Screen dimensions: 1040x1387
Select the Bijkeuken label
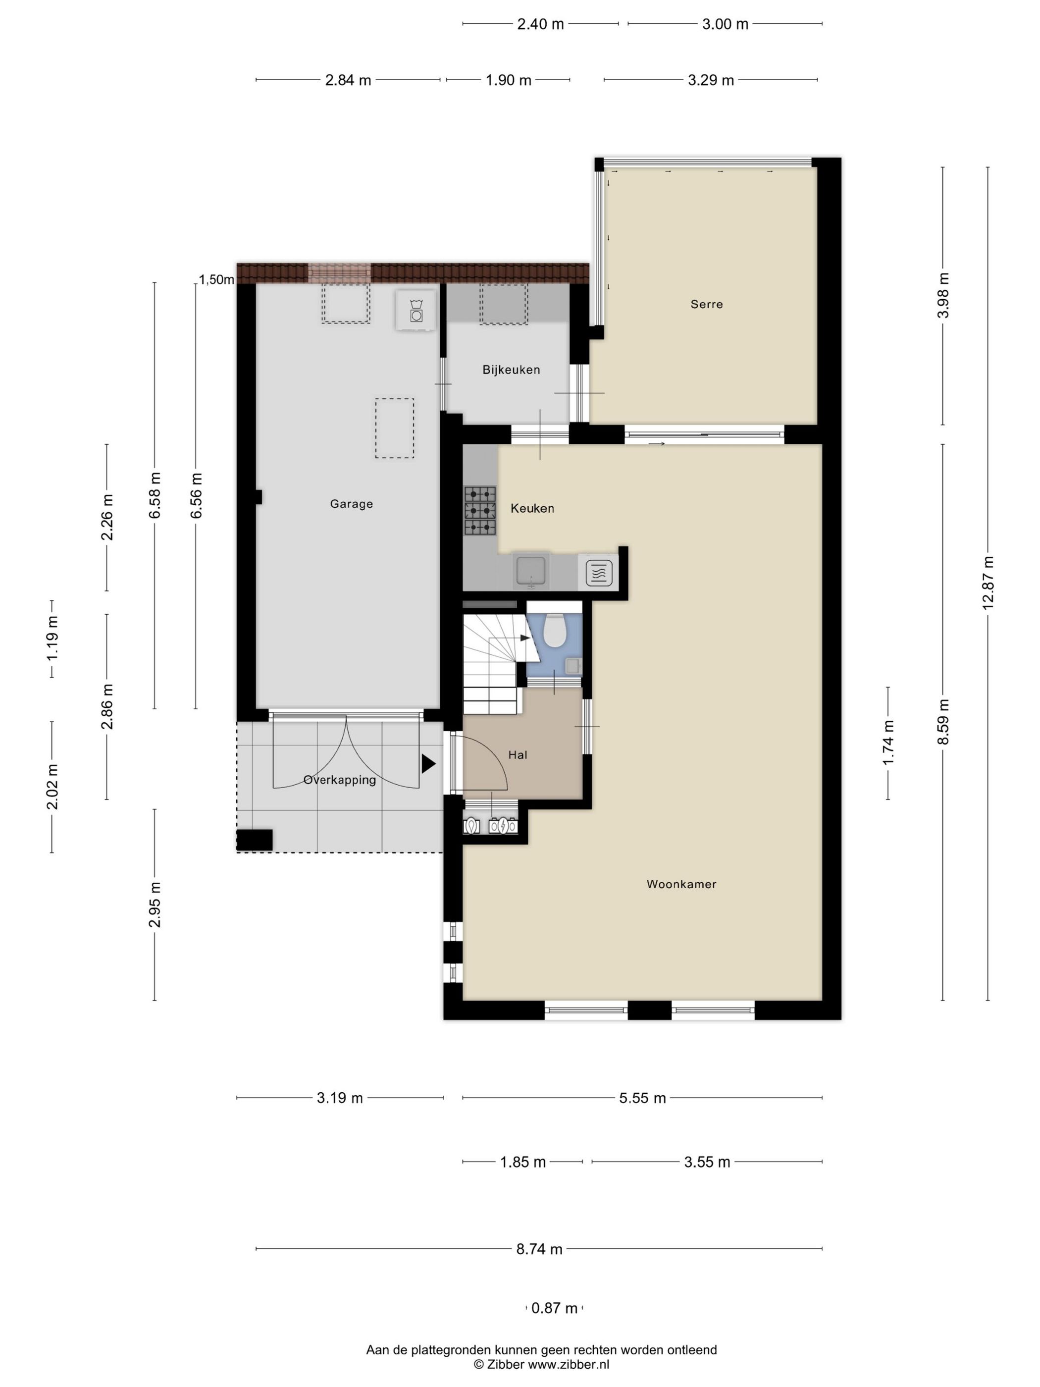pos(511,370)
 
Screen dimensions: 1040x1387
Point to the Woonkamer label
pos(681,884)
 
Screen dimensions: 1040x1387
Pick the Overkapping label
pos(339,780)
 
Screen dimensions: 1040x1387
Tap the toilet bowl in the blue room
pos(554,630)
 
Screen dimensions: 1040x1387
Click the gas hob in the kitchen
pos(479,511)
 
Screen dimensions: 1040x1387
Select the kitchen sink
pos(531,571)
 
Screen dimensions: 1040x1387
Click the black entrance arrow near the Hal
pos(428,763)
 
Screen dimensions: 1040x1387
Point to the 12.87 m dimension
pos(988,583)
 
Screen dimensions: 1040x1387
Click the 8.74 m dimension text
pos(539,1249)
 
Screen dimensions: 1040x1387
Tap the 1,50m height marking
pos(217,280)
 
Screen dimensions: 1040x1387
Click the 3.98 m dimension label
pos(943,295)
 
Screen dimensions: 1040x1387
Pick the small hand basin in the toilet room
pos(572,666)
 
